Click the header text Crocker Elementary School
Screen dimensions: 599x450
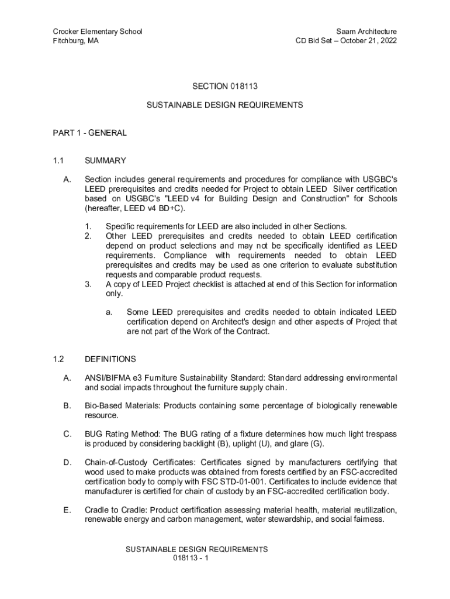[x=98, y=31]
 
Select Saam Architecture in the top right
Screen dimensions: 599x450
[x=366, y=31]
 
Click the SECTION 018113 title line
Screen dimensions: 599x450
[x=225, y=86]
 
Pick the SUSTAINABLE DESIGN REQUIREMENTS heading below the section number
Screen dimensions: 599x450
[x=225, y=105]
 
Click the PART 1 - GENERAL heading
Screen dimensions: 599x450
[x=89, y=133]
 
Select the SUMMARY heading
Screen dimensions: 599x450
[x=105, y=160]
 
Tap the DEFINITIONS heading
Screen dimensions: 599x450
[x=110, y=359]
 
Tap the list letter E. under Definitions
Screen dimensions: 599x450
[x=67, y=510]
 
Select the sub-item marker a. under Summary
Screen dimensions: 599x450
[x=109, y=312]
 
